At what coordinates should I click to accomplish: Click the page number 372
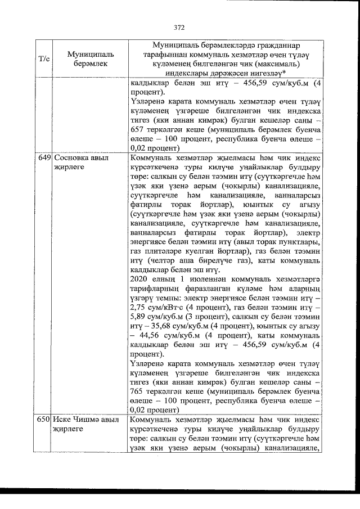pyautogui.click(x=179, y=26)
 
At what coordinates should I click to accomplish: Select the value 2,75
pyautogui.click(x=138, y=323)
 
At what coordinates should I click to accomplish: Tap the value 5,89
pyautogui.click(x=138, y=334)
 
